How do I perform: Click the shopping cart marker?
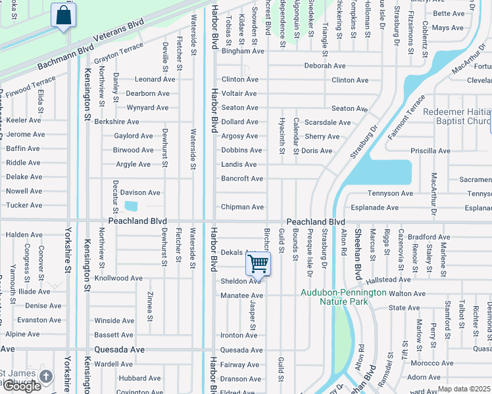click(x=258, y=265)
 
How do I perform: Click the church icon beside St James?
click(x=45, y=376)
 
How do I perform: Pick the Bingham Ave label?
click(x=243, y=51)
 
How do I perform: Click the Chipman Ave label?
click(x=242, y=207)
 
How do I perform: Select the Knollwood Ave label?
click(x=118, y=278)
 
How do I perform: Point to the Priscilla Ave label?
click(x=429, y=150)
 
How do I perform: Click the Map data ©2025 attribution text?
click(x=464, y=389)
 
